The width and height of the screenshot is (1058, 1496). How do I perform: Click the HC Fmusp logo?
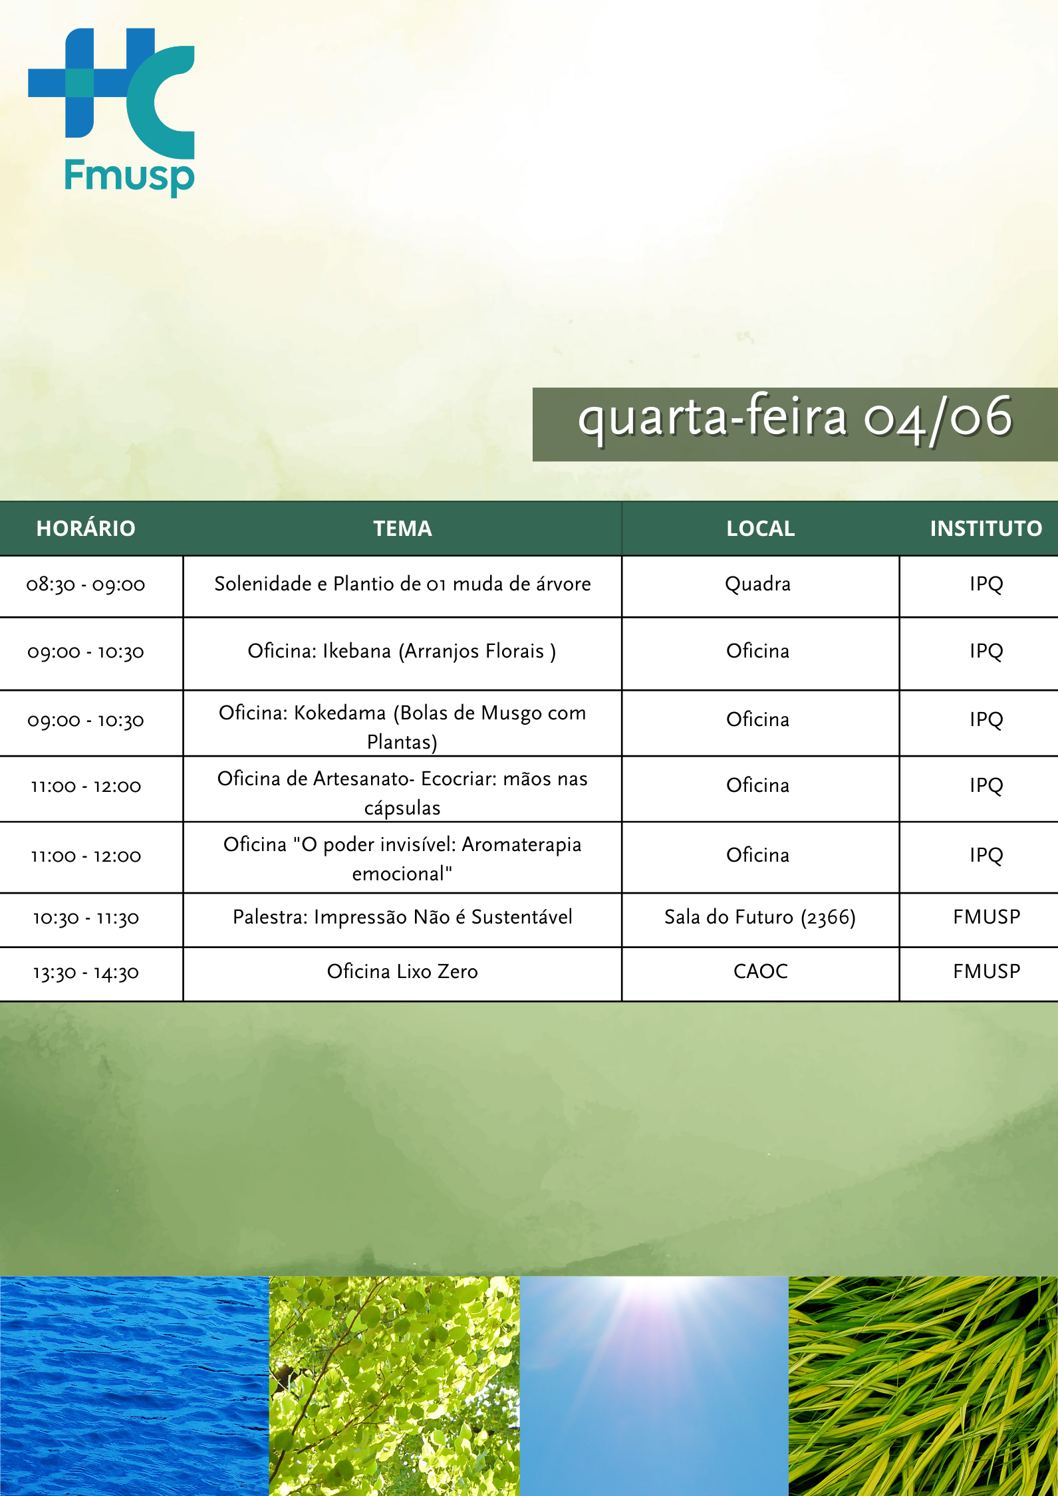[x=111, y=112]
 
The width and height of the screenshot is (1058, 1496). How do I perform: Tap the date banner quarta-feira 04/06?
[x=795, y=424]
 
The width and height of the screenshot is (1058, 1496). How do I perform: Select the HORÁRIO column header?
[x=86, y=529]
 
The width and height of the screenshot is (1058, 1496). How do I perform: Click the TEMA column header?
[x=402, y=529]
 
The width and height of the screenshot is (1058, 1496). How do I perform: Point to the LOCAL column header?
[x=761, y=529]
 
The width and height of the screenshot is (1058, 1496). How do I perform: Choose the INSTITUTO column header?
[x=986, y=529]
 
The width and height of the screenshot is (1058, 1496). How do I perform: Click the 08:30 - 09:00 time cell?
[x=86, y=585]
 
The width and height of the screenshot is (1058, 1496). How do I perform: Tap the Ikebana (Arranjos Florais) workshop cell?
[x=402, y=652]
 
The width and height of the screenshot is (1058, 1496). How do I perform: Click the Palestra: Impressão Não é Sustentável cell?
[x=402, y=918]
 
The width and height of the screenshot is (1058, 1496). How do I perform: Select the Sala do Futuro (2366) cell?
[x=760, y=918]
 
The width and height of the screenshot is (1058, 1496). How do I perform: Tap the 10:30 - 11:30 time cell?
[x=86, y=918]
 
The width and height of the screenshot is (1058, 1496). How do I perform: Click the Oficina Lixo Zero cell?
[x=402, y=972]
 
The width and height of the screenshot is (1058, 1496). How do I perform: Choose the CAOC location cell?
[x=761, y=972]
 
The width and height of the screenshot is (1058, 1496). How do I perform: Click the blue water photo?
[x=134, y=1386]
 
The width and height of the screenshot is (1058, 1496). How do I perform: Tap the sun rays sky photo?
[x=654, y=1386]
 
